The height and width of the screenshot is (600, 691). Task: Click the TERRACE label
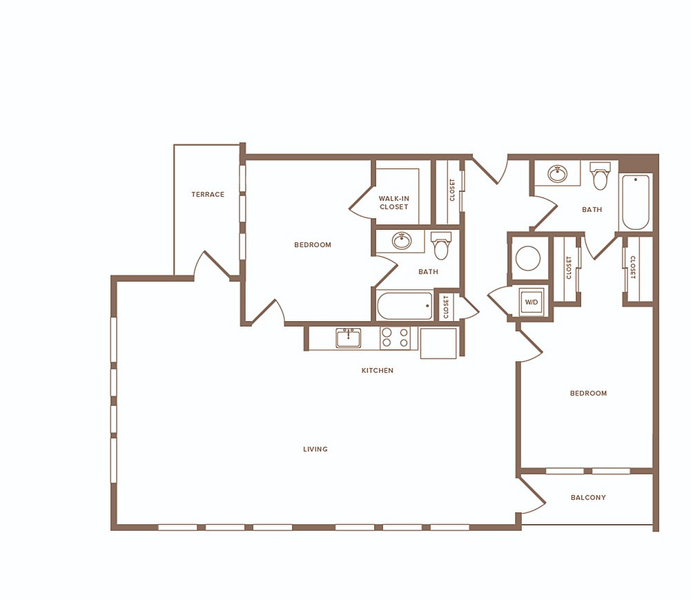tap(208, 195)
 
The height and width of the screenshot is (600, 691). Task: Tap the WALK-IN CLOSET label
tap(394, 203)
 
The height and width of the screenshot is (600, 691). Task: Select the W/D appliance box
tap(532, 302)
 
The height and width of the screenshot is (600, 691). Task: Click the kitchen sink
tap(349, 338)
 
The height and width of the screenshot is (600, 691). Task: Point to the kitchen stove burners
tap(396, 338)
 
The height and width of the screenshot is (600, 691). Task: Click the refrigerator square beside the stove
tap(438, 343)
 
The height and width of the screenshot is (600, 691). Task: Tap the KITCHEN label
tap(377, 371)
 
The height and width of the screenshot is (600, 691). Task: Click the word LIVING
tap(315, 449)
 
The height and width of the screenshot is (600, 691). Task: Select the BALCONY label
tap(588, 498)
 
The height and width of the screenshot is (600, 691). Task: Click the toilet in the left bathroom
tap(441, 246)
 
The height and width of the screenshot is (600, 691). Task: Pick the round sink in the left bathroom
tap(402, 241)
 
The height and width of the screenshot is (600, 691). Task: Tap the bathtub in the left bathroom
tap(405, 306)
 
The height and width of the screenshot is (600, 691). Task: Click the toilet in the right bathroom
tap(600, 175)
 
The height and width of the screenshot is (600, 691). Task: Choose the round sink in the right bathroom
tap(558, 173)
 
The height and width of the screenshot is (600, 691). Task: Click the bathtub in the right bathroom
tap(634, 202)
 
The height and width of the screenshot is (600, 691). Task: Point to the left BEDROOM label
tap(313, 245)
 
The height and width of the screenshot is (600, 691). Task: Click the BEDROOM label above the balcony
tap(588, 394)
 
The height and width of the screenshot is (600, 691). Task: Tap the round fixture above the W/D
tap(528, 258)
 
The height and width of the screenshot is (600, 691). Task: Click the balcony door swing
tap(532, 494)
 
